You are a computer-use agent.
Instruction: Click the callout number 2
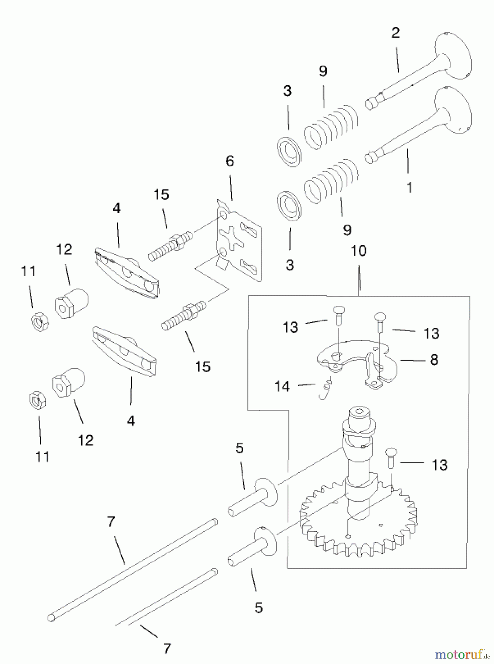396,33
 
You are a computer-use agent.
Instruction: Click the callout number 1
409,187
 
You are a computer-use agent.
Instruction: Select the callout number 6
230,161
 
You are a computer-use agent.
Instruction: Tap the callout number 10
359,251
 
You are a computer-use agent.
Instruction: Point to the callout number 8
434,360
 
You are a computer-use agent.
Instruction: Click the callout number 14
282,386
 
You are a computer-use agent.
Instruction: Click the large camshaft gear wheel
358,524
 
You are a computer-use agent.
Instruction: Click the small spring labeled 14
326,389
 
